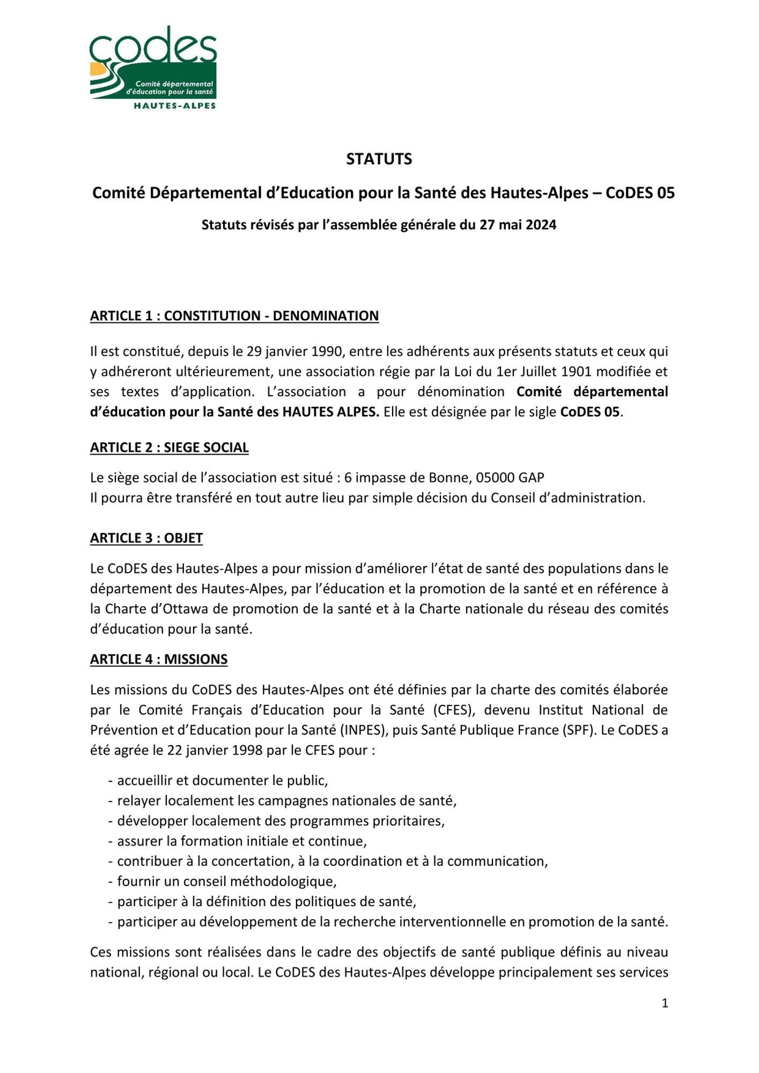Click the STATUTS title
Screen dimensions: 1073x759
(379, 159)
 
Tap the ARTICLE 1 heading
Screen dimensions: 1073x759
(234, 316)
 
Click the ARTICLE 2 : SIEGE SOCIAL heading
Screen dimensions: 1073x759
(169, 447)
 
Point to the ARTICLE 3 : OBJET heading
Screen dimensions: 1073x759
(146, 538)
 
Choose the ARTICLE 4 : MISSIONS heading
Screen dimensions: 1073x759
(158, 659)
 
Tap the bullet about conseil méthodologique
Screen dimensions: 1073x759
(226, 881)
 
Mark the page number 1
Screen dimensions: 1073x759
(665, 1003)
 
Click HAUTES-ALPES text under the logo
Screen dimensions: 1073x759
(174, 106)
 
